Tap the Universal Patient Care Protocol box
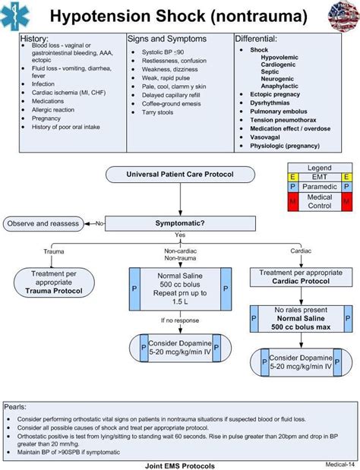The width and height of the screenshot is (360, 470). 180,175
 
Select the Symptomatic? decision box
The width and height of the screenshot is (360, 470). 180,223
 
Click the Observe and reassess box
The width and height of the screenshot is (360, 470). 43,223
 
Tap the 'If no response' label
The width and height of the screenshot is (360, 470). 180,320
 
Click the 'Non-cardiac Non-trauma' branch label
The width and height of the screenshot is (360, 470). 180,254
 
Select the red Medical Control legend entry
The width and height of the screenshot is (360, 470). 319,201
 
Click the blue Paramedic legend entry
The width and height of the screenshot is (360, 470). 319,186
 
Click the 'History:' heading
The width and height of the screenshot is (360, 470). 34,38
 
